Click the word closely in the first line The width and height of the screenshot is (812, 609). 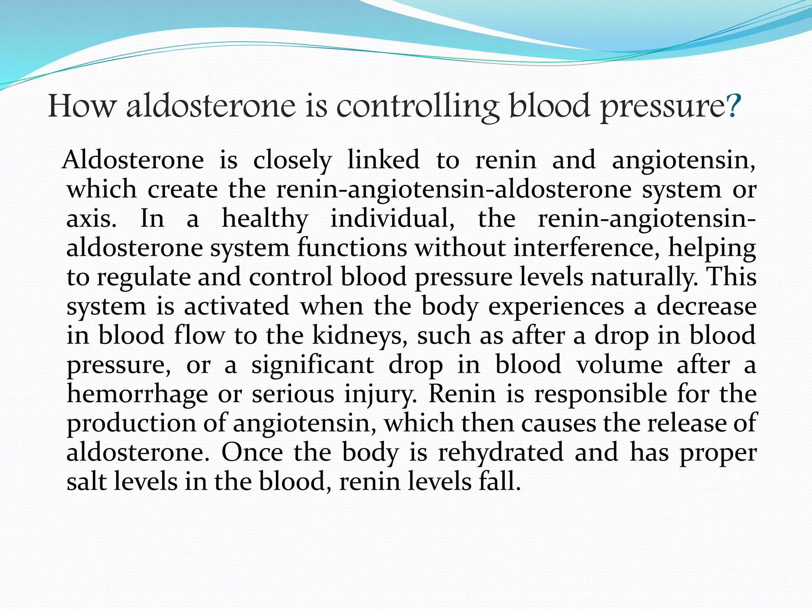(x=292, y=161)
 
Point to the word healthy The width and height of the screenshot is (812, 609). (x=265, y=219)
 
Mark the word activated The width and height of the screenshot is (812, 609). (x=236, y=306)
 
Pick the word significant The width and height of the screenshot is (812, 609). (x=313, y=365)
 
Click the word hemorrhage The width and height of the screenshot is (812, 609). (x=137, y=395)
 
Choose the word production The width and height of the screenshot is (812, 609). (x=131, y=424)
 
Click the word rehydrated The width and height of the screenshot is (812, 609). (x=500, y=452)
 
